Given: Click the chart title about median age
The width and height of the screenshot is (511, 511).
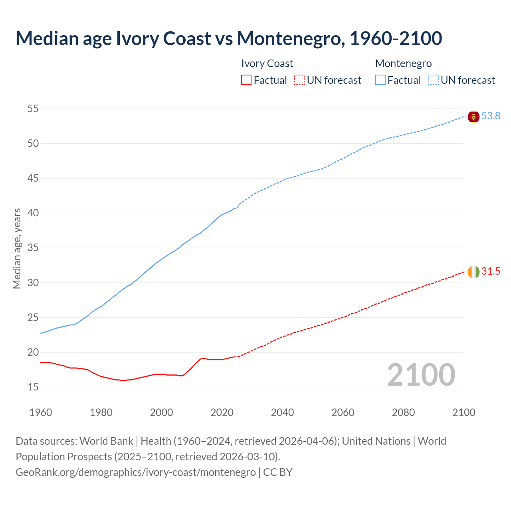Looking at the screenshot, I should [229, 38].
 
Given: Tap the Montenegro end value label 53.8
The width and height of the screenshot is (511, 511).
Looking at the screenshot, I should [491, 116].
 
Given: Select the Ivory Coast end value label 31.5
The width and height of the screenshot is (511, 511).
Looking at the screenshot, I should [491, 271].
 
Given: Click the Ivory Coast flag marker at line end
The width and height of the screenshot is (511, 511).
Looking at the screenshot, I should [473, 272].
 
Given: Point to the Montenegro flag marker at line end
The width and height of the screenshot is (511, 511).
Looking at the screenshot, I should [473, 117].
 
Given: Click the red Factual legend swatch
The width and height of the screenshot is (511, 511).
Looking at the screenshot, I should [246, 80].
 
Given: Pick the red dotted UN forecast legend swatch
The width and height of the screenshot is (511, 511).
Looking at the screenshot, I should [299, 80].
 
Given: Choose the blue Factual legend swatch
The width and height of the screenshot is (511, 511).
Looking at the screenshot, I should [380, 80].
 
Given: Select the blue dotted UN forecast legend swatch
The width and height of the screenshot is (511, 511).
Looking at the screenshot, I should [434, 80].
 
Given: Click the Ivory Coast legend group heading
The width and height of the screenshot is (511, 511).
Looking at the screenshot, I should [267, 63].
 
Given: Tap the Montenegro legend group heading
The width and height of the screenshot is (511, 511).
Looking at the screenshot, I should [403, 63].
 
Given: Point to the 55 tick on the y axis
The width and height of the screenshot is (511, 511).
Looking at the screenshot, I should [33, 109].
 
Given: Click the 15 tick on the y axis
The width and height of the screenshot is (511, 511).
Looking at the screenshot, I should [33, 387].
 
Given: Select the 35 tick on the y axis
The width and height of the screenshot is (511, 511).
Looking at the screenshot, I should [33, 248].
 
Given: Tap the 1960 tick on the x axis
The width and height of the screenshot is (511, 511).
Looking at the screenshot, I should [41, 412].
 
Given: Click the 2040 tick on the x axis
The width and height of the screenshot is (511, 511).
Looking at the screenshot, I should [282, 412].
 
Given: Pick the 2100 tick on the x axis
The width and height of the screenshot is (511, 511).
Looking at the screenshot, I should [463, 412].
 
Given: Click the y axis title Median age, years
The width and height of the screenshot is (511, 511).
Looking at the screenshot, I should [17, 248].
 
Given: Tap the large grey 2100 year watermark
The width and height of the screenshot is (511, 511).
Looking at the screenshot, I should [421, 374].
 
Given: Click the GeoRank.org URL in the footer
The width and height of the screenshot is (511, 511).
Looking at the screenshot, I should [136, 472].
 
